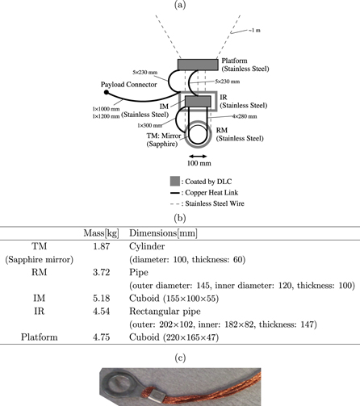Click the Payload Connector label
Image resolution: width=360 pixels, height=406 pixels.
[x=132, y=82]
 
